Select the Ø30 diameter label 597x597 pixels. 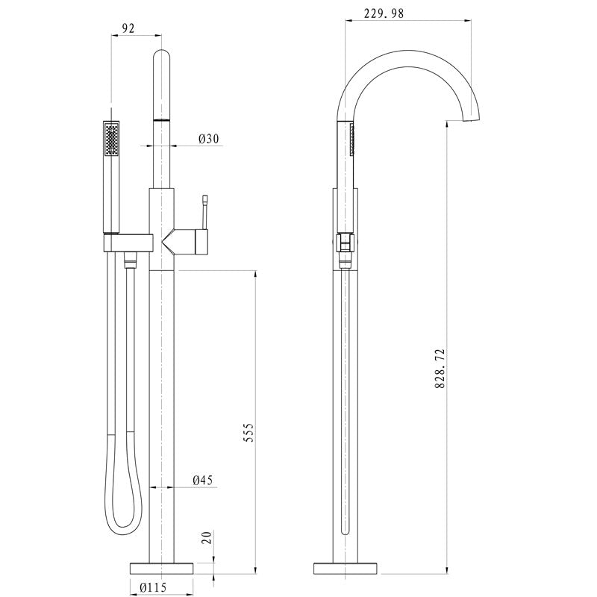pyautogui.click(x=209, y=140)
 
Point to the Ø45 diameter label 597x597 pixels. pyautogui.click(x=203, y=481)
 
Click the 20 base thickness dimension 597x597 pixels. pyautogui.click(x=207, y=537)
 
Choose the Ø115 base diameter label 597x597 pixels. pyautogui.click(x=153, y=587)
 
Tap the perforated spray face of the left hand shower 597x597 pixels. pyautogui.click(x=112, y=140)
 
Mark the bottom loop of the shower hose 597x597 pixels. pyautogui.click(x=122, y=526)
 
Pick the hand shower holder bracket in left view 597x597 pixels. pyautogui.click(x=127, y=242)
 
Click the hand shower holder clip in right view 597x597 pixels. pyautogui.click(x=344, y=243)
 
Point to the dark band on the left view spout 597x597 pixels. pyautogui.click(x=162, y=119)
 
